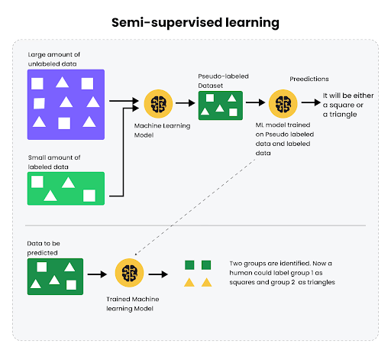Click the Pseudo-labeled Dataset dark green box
[221, 105]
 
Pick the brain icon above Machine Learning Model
[157, 102]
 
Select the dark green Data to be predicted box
[55, 276]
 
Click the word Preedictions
[309, 79]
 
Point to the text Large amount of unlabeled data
[54, 60]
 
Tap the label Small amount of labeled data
[54, 162]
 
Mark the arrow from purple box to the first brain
[124, 101]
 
